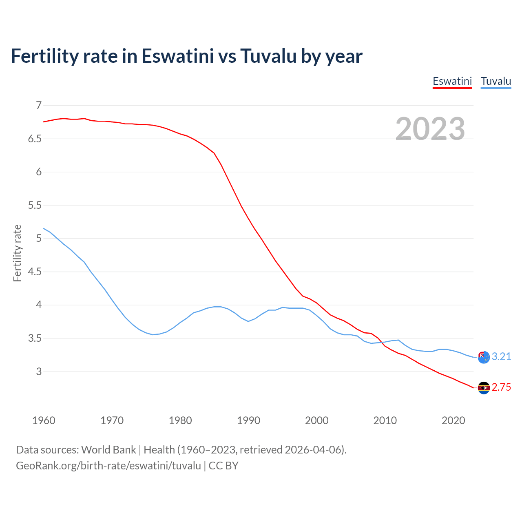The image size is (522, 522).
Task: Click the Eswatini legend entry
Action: coord(452,81)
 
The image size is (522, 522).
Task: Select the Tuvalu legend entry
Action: coord(495,81)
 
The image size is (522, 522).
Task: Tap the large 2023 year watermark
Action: coord(430,129)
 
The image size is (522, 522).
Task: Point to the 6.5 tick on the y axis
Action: coord(35,139)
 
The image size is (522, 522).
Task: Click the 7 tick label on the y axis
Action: coord(39,106)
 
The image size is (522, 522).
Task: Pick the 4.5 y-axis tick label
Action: coord(35,272)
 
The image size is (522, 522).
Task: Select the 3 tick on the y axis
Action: coord(39,372)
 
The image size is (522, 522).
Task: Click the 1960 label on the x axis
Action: coord(44,420)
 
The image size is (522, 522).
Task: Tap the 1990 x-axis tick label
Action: coord(248,420)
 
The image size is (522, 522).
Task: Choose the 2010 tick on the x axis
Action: coord(385,420)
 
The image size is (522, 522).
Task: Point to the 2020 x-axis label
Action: coord(453,420)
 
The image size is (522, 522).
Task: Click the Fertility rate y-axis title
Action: coord(17,253)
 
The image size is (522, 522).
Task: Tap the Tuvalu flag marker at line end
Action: coord(484,357)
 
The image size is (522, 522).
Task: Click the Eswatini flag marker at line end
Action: coord(484,388)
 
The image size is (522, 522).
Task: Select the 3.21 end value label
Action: coord(501,357)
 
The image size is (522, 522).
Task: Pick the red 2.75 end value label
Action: coord(501,387)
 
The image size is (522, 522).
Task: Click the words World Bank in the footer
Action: coord(108,450)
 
